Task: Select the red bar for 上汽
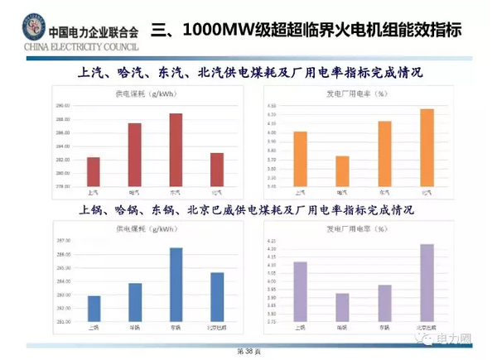(93, 170)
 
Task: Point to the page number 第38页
(248, 352)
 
